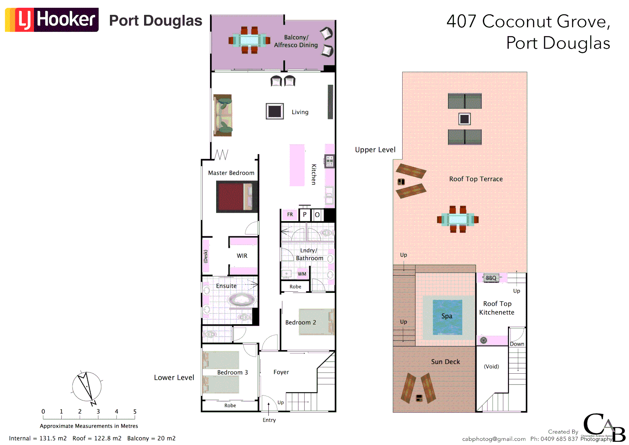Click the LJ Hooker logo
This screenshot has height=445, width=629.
[x=52, y=19]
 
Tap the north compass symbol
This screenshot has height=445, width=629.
[x=87, y=387]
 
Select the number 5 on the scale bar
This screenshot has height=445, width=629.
[x=135, y=412]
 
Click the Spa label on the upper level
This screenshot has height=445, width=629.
[x=447, y=316]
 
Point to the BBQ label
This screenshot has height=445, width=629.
[x=491, y=278]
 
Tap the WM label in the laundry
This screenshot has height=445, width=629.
[x=302, y=274]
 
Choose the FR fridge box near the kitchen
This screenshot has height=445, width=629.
[x=290, y=215]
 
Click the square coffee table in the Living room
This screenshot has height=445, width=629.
[x=275, y=111]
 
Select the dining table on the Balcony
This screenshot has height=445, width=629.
[x=249, y=40]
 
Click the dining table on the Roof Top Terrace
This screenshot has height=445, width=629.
[x=458, y=219]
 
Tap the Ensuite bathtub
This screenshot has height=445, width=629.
[x=241, y=300]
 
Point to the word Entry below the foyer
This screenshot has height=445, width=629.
[x=269, y=420]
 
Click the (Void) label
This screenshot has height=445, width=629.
[x=491, y=366]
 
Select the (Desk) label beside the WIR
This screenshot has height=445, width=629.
[x=206, y=256]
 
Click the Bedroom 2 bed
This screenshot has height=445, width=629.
[x=316, y=322]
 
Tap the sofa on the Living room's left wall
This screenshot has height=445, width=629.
[x=223, y=115]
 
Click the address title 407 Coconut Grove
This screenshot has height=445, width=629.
[x=529, y=21]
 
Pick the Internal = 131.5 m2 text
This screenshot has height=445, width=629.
[x=38, y=438]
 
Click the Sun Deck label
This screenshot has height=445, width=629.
[x=445, y=362]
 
